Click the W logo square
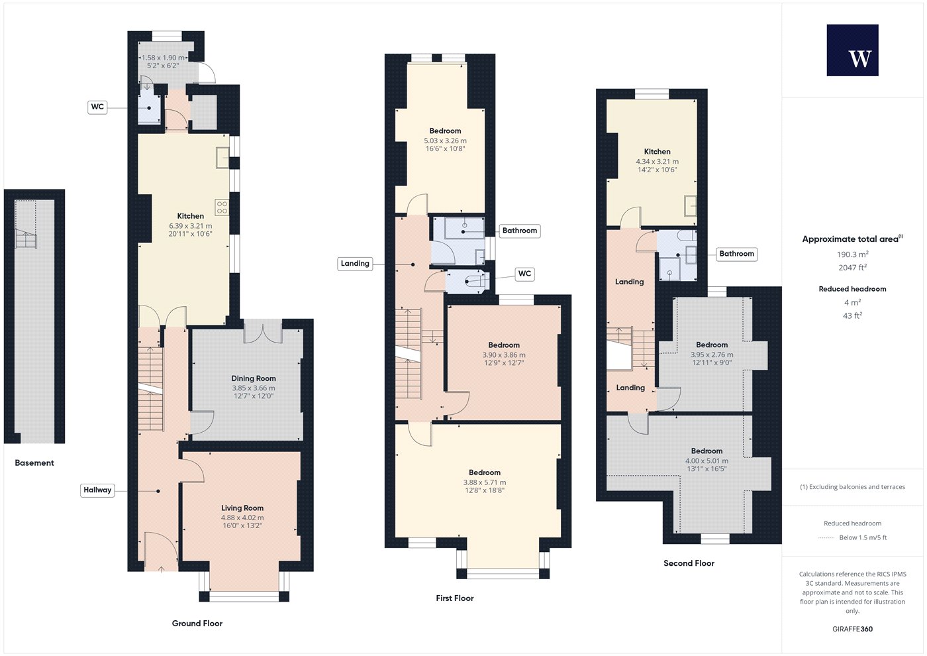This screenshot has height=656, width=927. click(853, 50)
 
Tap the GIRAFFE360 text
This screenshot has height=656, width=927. click(853, 629)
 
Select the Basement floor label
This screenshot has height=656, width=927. click(34, 463)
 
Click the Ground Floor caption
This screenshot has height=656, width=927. click(197, 624)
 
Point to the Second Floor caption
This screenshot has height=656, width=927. click(689, 563)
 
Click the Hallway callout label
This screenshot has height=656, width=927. click(97, 490)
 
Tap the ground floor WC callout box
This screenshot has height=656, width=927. click(97, 107)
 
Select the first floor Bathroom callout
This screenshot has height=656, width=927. click(519, 231)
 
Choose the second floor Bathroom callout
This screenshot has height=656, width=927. click(736, 254)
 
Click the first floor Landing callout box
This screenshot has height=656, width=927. click(355, 264)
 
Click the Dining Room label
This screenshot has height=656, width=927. click(253, 378)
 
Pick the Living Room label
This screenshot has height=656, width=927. click(242, 508)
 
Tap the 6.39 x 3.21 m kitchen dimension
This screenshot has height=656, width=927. click(191, 226)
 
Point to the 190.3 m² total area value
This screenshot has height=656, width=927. click(853, 254)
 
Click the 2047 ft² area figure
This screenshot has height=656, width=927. click(853, 268)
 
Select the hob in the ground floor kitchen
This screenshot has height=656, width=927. click(222, 207)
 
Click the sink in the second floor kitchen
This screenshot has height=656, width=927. click(690, 205)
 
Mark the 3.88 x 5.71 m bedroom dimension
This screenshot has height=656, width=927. click(485, 482)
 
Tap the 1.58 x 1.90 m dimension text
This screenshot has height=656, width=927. click(163, 58)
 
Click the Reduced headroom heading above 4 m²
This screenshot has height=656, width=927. click(853, 289)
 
